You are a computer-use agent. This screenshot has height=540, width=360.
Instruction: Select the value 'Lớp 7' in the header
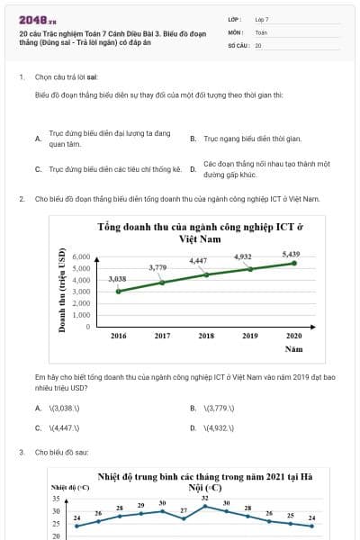pyautogui.click(x=261, y=18)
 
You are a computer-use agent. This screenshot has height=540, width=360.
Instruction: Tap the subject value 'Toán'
pyautogui.click(x=261, y=31)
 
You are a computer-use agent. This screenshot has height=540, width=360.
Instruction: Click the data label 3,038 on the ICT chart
pyautogui.click(x=118, y=279)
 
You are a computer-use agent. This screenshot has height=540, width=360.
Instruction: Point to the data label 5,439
pyautogui.click(x=291, y=253)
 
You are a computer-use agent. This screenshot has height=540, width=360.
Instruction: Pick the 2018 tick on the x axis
pyautogui.click(x=205, y=335)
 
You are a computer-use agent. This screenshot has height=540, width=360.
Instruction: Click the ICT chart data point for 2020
pyautogui.click(x=293, y=263)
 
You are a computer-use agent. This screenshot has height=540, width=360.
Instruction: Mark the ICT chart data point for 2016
pyautogui.click(x=118, y=291)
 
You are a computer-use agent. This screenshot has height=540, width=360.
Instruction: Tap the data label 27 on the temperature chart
pyautogui.click(x=184, y=509)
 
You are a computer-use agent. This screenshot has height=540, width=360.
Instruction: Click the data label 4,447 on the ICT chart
pyautogui.click(x=198, y=261)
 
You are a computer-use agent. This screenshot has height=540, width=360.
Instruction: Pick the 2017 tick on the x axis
pyautogui.click(x=162, y=335)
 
